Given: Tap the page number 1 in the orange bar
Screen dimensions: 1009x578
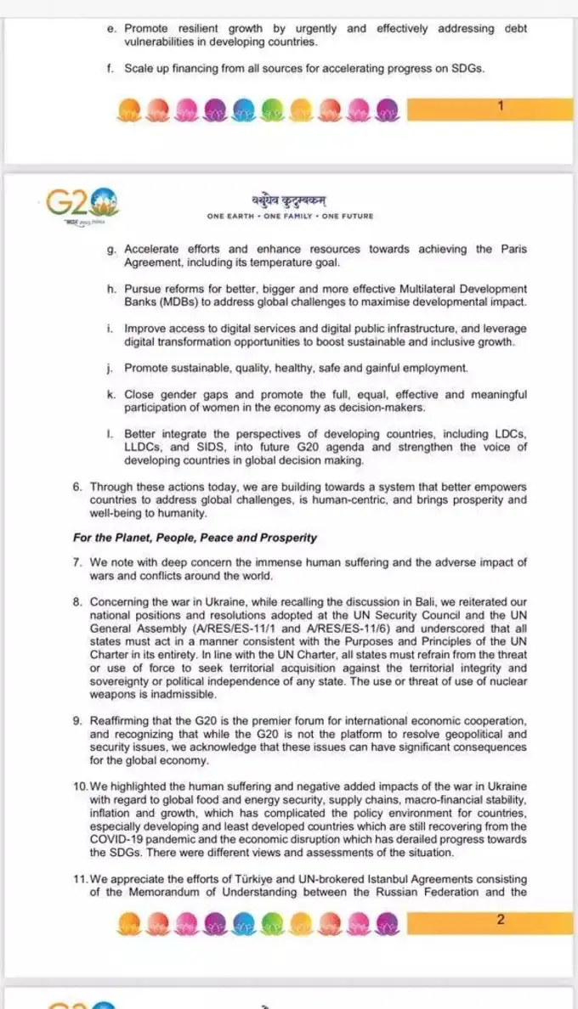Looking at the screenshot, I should click(x=501, y=106).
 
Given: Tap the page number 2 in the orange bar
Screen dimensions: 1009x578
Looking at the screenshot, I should click(x=501, y=920).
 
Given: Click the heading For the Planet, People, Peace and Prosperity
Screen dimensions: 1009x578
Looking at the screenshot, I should click(x=195, y=538).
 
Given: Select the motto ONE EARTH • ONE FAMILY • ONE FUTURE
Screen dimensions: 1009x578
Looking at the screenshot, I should click(x=290, y=217).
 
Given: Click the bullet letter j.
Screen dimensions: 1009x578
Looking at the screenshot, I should click(x=111, y=368).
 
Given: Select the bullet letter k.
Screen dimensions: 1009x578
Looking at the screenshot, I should click(x=111, y=395).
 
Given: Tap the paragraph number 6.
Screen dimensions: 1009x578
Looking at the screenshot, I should click(x=77, y=487).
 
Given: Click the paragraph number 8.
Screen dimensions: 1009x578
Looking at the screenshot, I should click(x=77, y=602).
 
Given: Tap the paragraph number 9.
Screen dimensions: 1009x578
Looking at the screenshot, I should click(x=77, y=720).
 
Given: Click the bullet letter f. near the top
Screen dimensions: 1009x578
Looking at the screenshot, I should click(x=111, y=69).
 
